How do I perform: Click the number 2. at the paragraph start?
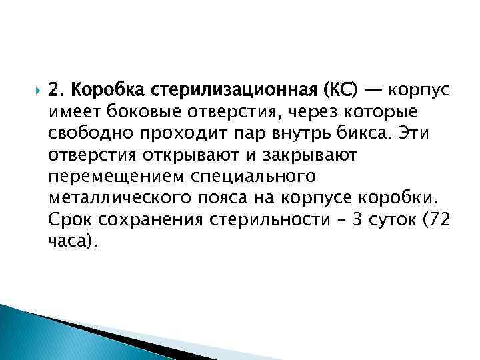57,89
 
